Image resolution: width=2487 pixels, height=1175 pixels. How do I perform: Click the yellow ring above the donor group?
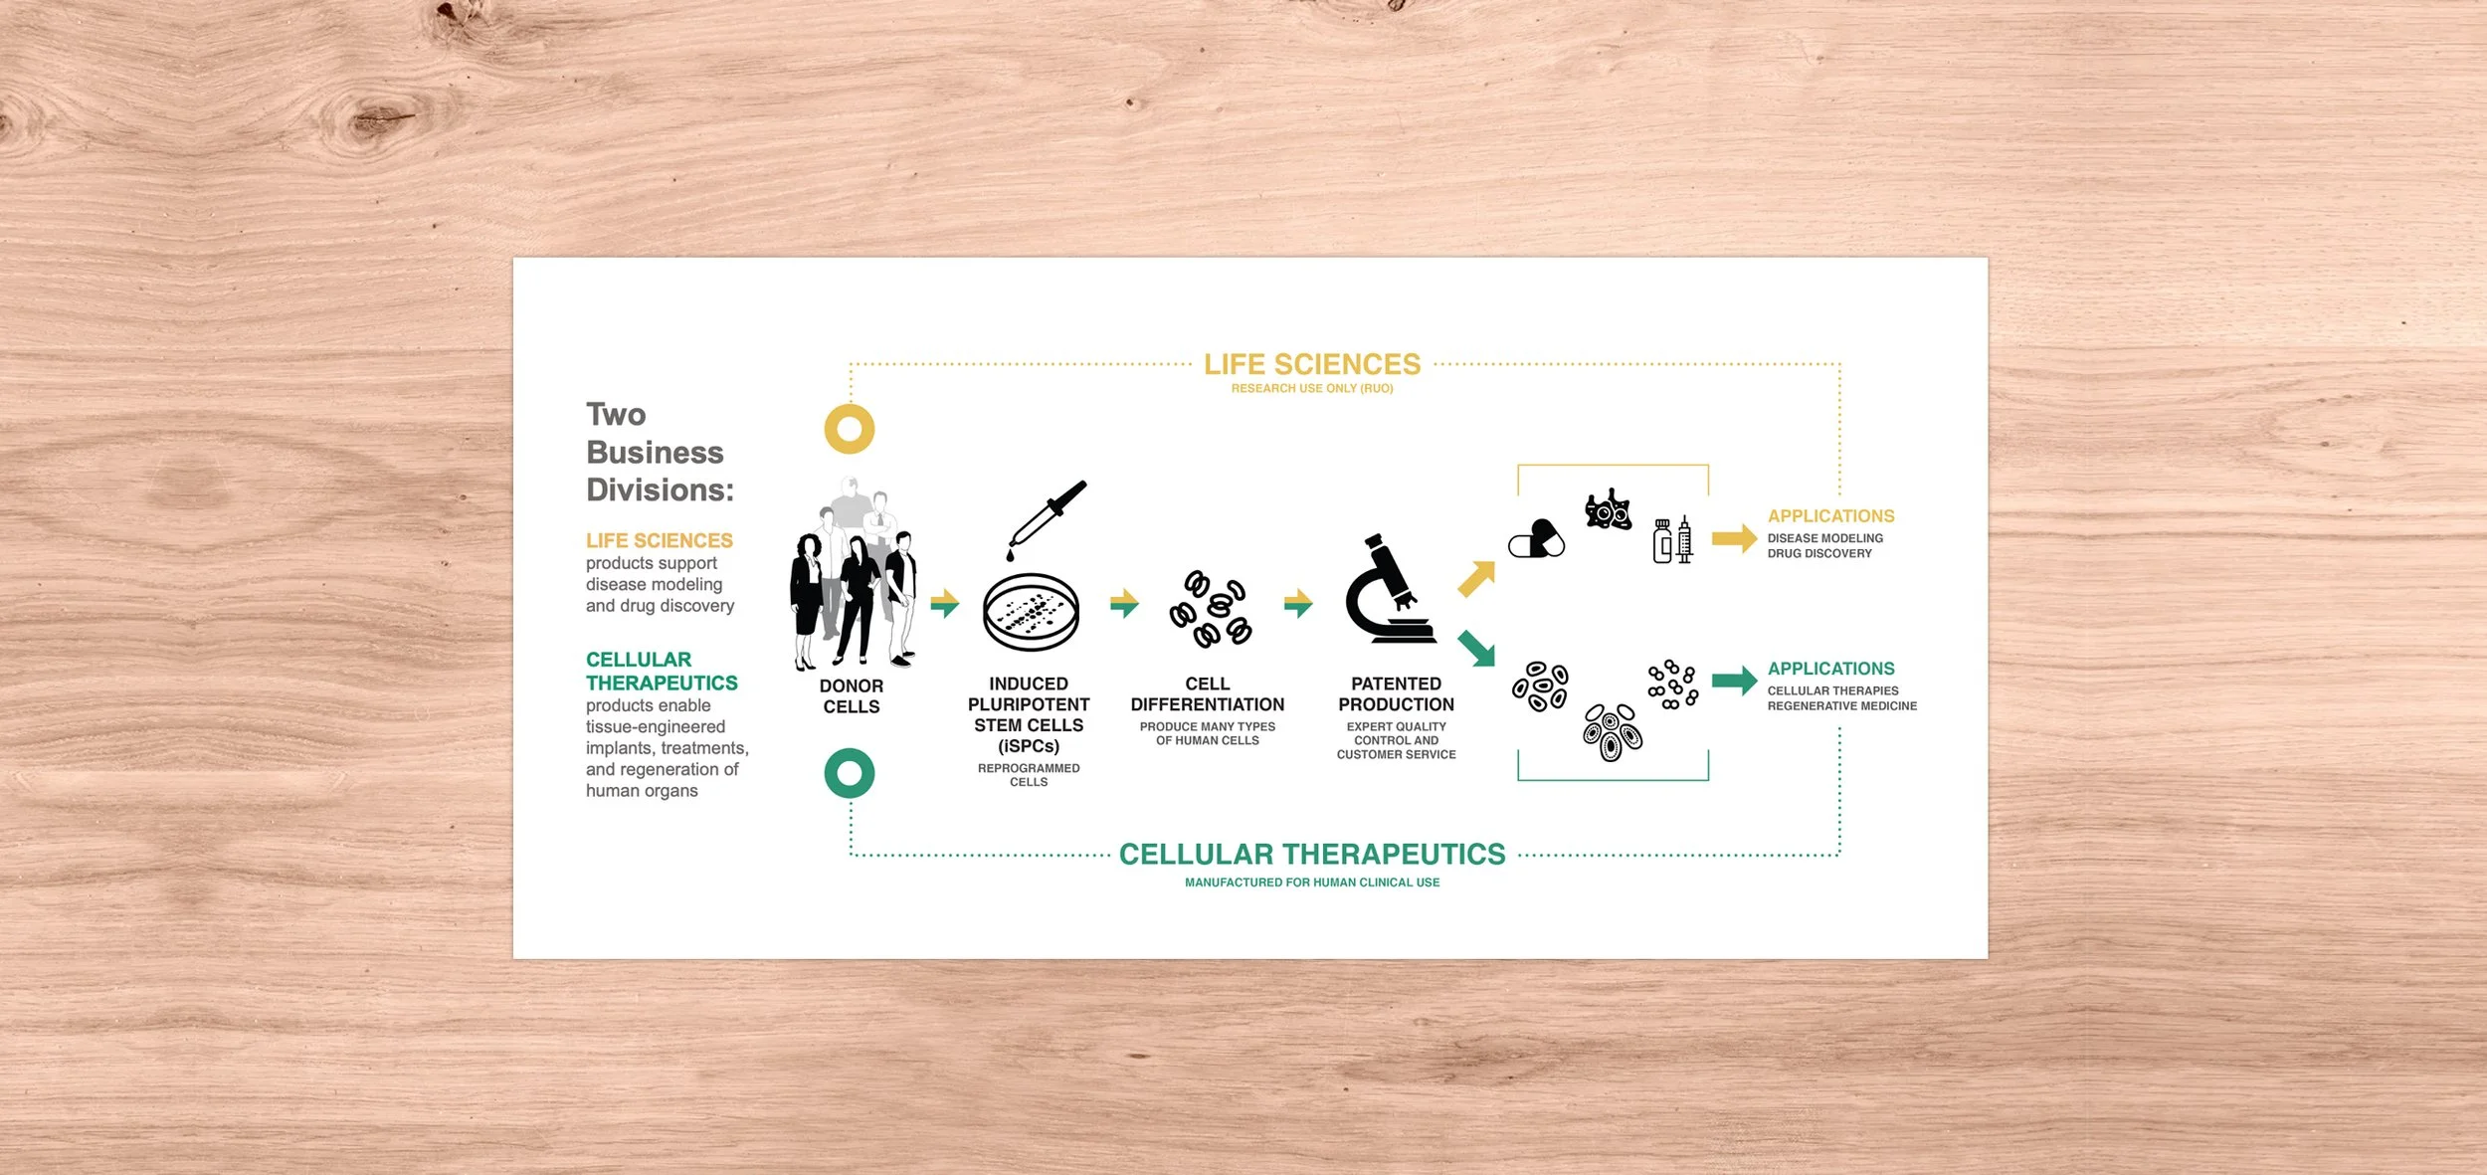click(x=850, y=429)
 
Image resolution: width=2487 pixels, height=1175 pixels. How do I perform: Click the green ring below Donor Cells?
click(x=850, y=773)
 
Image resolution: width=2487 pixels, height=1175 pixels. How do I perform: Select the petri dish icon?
click(x=1031, y=612)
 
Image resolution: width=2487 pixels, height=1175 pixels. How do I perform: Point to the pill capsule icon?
click(x=1536, y=539)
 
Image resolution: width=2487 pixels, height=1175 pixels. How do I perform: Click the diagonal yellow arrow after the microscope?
click(x=1476, y=578)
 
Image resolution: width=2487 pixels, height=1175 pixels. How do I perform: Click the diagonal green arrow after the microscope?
click(x=1476, y=648)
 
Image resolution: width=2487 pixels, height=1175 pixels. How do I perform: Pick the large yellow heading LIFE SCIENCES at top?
click(x=1312, y=364)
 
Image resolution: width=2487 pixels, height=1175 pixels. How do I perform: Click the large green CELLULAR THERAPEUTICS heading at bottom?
click(x=1312, y=854)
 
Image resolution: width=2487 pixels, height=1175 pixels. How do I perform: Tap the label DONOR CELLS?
click(x=851, y=696)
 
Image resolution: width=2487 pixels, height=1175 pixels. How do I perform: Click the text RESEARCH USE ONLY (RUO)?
click(x=1312, y=389)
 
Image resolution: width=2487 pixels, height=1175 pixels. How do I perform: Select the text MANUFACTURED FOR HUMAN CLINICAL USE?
click(x=1312, y=882)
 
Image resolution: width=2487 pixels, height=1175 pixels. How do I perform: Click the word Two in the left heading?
click(x=616, y=414)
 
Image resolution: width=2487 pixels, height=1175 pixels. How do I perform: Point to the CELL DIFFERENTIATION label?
click(x=1207, y=694)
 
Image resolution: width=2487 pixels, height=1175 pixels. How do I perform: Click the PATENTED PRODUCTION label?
click(x=1396, y=694)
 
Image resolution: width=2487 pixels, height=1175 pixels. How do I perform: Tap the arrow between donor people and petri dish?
click(x=944, y=603)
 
